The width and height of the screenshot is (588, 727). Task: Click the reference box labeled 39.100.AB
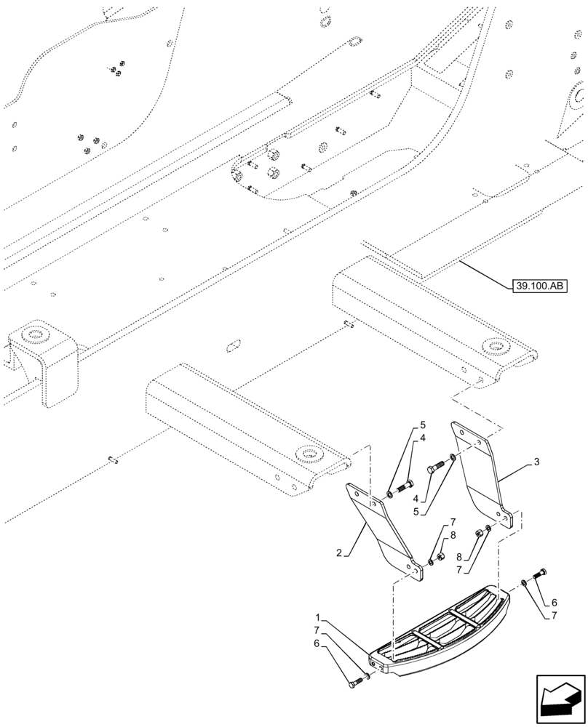[x=539, y=286]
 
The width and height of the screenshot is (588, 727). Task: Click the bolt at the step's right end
[x=541, y=573]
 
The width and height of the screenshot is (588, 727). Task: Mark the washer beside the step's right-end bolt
[x=524, y=583]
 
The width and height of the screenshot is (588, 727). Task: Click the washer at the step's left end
[x=367, y=676]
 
